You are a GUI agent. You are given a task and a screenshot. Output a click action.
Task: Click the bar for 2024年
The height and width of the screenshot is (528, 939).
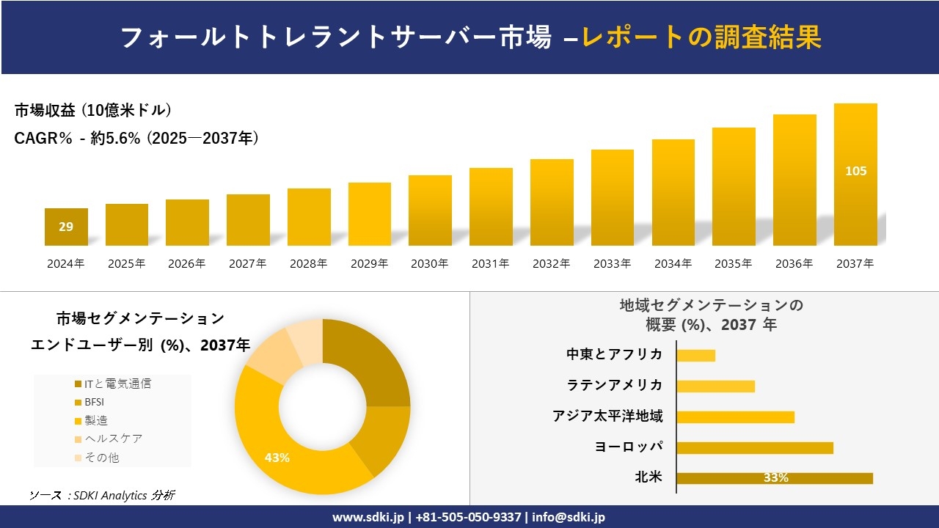click(66, 227)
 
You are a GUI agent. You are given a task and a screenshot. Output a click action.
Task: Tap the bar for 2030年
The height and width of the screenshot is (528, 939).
click(430, 210)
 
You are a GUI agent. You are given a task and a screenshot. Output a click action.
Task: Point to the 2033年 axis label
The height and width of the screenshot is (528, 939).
click(612, 264)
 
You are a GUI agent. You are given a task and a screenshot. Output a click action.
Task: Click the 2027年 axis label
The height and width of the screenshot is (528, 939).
click(247, 264)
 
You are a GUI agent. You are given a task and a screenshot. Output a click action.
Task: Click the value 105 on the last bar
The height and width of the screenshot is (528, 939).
click(855, 171)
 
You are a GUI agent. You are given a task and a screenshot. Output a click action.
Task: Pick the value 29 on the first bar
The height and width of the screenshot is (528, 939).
click(66, 227)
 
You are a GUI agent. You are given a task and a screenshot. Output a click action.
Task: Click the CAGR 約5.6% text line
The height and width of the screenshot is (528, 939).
click(136, 139)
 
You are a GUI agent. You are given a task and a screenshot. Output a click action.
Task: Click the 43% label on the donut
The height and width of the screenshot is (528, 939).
click(277, 458)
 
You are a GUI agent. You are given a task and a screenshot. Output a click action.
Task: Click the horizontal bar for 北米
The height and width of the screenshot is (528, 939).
click(774, 478)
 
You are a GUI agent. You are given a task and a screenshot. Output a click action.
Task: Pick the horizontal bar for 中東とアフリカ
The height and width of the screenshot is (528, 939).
click(695, 355)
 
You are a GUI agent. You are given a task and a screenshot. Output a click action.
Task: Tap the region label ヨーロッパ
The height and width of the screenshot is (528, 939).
click(629, 447)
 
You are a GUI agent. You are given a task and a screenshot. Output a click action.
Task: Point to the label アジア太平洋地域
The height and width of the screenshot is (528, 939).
click(607, 416)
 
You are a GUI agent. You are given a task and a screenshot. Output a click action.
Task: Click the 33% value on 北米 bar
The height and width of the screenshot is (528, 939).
click(775, 478)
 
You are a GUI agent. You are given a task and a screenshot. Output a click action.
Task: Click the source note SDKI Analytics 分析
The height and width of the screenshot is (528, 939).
click(103, 496)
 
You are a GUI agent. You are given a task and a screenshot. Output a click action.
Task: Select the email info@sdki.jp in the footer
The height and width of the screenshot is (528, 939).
click(569, 517)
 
